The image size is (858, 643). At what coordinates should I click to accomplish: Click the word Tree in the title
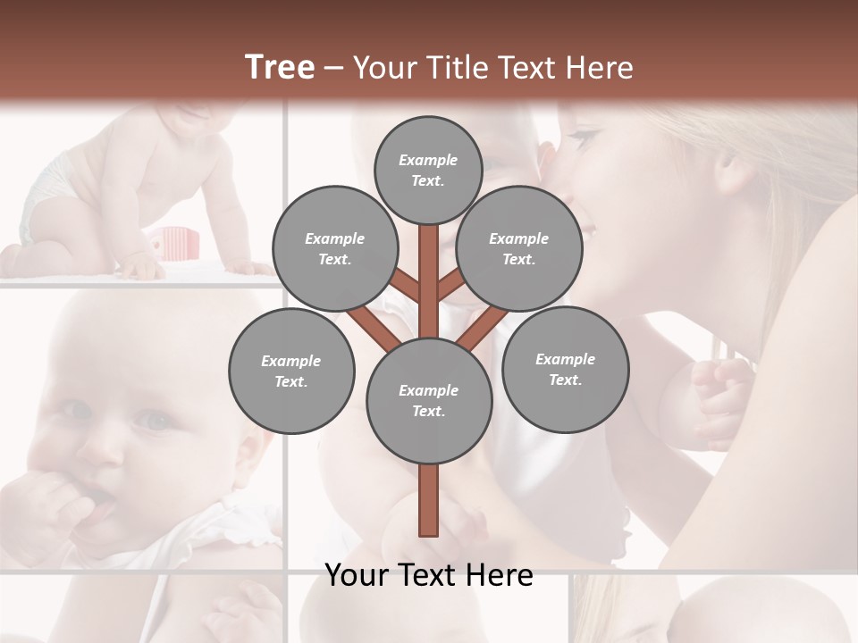(280, 68)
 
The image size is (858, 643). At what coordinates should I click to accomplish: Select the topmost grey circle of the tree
(428, 170)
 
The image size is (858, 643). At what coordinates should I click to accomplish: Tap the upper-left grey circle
(334, 249)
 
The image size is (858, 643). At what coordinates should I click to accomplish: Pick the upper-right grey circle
(518, 249)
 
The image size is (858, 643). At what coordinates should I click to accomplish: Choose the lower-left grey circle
(291, 372)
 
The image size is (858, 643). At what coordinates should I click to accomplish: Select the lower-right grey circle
(565, 370)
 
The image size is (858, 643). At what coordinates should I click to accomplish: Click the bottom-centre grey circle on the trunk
(428, 401)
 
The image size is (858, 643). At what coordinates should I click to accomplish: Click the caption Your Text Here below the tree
(428, 575)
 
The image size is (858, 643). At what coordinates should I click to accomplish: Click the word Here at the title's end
(601, 68)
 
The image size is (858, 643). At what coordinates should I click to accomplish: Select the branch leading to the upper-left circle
(407, 286)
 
